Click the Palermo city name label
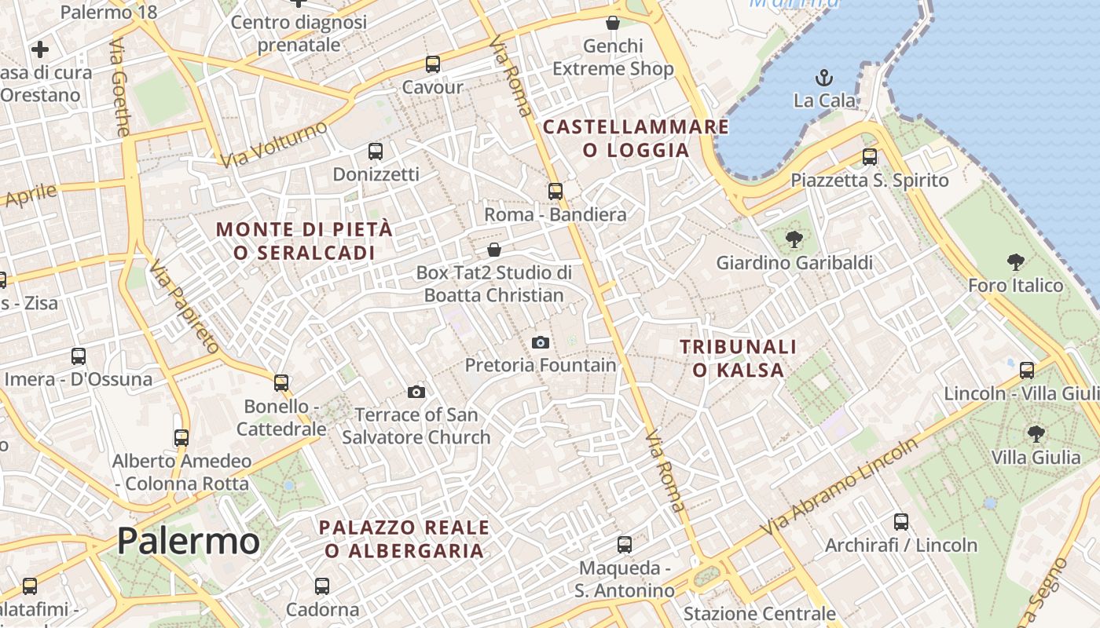[189, 541]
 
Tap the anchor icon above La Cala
[824, 78]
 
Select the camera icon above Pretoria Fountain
[541, 342]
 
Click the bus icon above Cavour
[433, 64]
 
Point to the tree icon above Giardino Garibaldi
[794, 239]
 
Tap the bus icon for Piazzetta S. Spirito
[870, 157]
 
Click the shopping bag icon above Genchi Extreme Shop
[613, 23]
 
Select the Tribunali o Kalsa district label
[738, 358]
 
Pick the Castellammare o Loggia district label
[636, 138]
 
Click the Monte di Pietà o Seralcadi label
[304, 241]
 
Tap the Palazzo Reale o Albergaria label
[404, 539]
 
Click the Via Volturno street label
[274, 144]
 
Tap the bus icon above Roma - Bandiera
[555, 192]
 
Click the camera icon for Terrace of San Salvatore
[416, 392]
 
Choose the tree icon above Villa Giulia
[1036, 433]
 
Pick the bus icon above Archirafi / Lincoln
[901, 522]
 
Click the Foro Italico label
[1015, 285]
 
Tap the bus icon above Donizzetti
[376, 151]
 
